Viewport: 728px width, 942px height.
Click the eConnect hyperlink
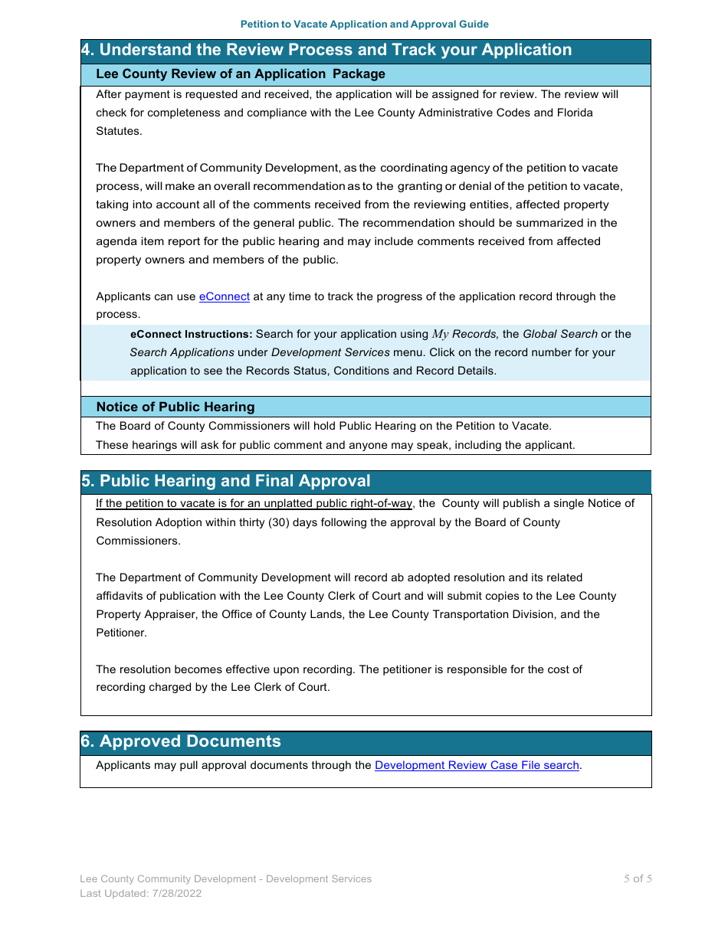[224, 296]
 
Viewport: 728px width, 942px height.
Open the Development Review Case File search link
[476, 765]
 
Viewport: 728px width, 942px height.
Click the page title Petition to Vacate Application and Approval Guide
[364, 25]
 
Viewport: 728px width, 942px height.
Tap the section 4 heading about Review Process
[326, 51]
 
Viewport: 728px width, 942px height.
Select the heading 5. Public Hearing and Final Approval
[226, 482]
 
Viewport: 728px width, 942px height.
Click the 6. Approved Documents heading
[181, 742]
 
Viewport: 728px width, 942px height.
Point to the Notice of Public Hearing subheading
[175, 407]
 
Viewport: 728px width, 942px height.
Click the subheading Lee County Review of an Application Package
[240, 74]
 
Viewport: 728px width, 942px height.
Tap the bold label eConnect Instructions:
[191, 334]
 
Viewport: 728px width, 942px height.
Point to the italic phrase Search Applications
[182, 352]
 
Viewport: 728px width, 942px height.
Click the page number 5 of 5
[638, 879]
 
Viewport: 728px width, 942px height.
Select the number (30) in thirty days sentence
[280, 522]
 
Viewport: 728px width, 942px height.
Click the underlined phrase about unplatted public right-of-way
[254, 504]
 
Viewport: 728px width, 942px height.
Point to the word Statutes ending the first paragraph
[118, 131]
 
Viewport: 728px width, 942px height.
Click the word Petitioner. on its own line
[121, 633]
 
